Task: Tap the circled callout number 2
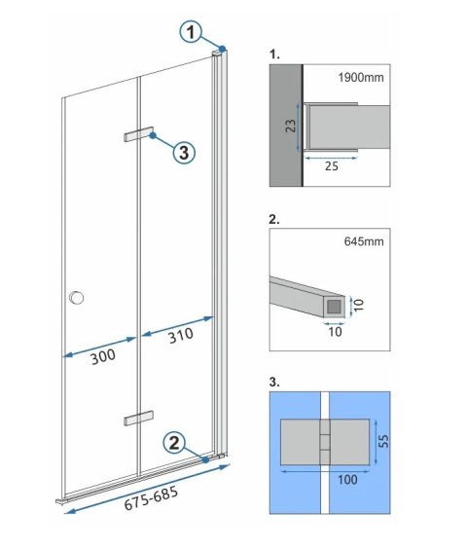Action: coord(171,443)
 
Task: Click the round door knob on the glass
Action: coord(76,299)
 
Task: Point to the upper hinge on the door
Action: coord(139,135)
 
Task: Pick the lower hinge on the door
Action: coord(139,418)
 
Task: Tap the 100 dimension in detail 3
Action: coord(324,479)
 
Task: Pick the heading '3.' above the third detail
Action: coord(272,381)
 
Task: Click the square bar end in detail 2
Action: coord(335,307)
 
